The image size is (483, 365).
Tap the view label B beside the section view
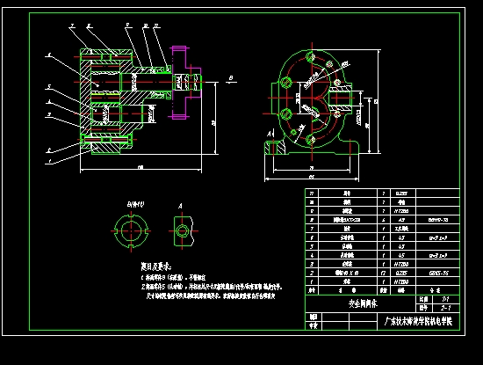click(x=228, y=78)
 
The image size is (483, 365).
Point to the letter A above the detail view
click(x=181, y=208)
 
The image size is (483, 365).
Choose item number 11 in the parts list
click(x=312, y=193)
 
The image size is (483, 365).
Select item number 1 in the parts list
click(x=312, y=281)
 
